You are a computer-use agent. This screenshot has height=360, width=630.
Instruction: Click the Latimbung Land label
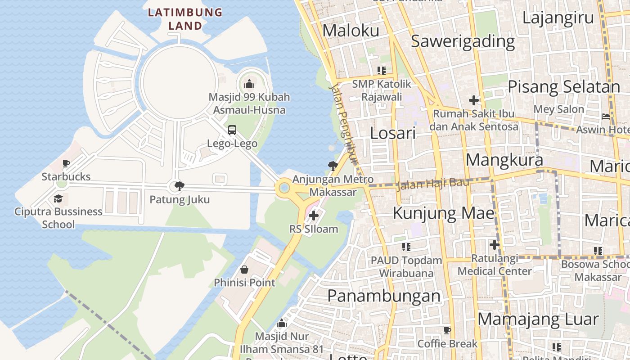[185, 19]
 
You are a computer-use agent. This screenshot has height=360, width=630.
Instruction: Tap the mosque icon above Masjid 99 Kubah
[249, 84]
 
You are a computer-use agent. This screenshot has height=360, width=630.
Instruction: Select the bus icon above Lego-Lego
[232, 130]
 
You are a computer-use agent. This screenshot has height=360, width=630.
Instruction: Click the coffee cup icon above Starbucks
[66, 163]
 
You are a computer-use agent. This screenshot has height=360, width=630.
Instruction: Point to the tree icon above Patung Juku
[180, 186]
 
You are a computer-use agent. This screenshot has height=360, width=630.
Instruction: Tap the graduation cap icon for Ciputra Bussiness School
[58, 198]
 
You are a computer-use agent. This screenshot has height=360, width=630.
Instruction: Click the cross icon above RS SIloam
[314, 216]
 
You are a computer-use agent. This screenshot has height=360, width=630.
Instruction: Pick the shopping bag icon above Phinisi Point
[244, 270]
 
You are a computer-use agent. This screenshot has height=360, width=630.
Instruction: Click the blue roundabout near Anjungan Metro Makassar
[284, 188]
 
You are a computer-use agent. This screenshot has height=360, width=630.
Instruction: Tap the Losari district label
[392, 133]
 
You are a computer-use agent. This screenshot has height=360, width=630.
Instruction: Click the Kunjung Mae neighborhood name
[444, 213]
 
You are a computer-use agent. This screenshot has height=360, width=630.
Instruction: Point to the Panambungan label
[384, 296]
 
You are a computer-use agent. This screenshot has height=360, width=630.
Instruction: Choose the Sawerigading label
[463, 41]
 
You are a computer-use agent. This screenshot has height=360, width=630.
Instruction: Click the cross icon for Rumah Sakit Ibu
[473, 100]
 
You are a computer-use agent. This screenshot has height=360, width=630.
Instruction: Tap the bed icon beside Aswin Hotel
[606, 117]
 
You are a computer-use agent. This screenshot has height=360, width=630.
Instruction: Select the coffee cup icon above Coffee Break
[447, 330]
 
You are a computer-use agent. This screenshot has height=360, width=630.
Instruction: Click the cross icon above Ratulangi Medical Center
[495, 245]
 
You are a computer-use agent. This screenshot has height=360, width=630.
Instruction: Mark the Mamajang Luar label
[538, 319]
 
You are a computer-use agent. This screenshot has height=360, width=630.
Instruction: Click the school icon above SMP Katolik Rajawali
[382, 70]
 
